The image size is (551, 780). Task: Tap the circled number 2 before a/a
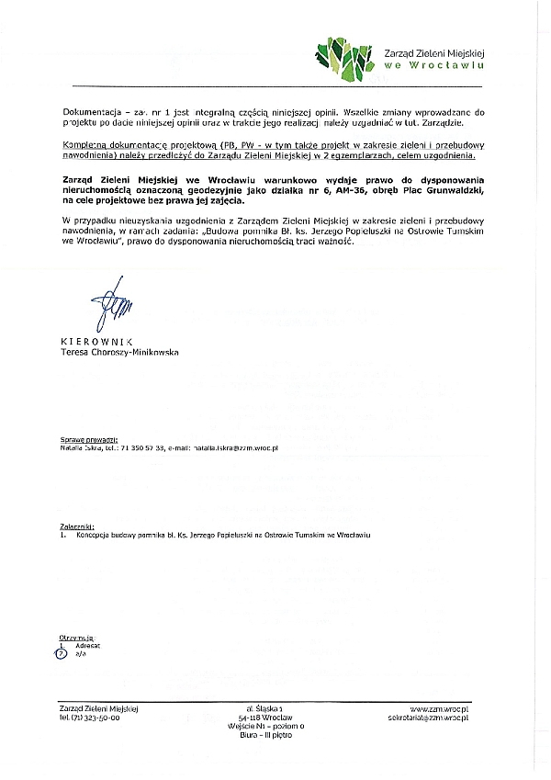[x=62, y=653]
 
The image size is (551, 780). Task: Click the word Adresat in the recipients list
[x=87, y=646]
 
